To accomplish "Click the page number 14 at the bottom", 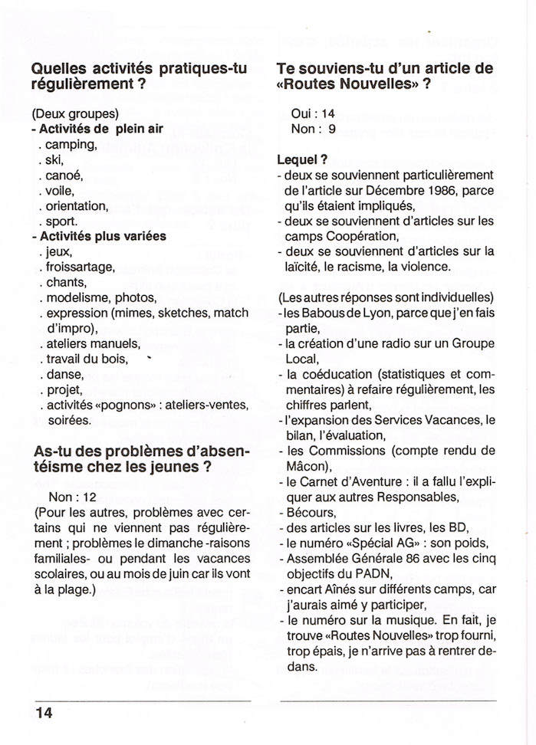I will point(42,711).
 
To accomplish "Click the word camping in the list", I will point(71,144).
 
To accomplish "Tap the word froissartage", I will point(81,267).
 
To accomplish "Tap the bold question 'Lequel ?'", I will point(302,160).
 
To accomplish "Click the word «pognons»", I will point(133,405).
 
